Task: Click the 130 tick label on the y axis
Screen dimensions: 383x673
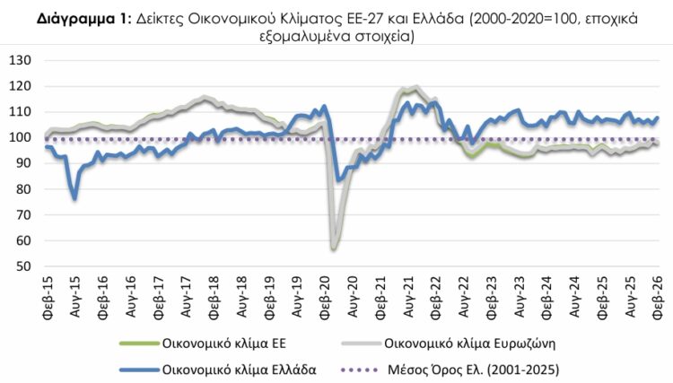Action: pos(20,60)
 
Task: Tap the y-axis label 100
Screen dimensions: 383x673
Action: pos(20,137)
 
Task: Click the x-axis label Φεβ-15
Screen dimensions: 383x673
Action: pos(46,292)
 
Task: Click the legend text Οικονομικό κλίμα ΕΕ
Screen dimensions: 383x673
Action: pos(225,343)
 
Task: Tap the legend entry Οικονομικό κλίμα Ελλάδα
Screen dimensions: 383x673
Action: pos(238,368)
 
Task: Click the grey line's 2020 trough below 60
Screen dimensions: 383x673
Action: pos(334,248)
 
